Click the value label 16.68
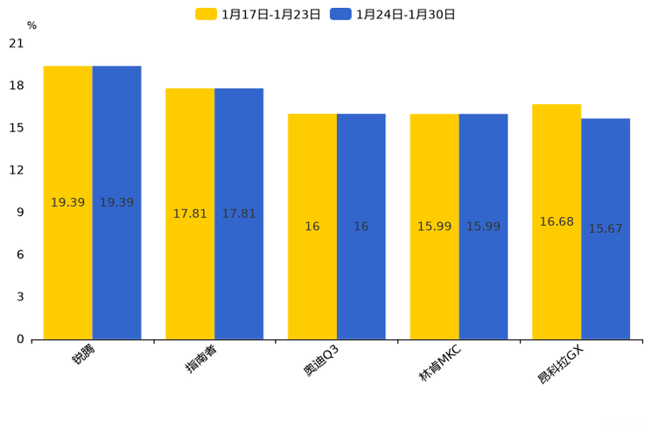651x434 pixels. coord(556,222)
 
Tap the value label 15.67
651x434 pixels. coord(605,229)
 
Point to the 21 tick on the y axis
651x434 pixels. coord(17,43)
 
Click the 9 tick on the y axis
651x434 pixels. coord(20,213)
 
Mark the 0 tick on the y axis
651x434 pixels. coord(20,339)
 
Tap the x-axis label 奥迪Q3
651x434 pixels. coord(322,361)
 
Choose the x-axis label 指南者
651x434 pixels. coord(202,360)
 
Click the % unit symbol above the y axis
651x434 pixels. coord(31,25)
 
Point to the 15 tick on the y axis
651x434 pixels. coord(17,128)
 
